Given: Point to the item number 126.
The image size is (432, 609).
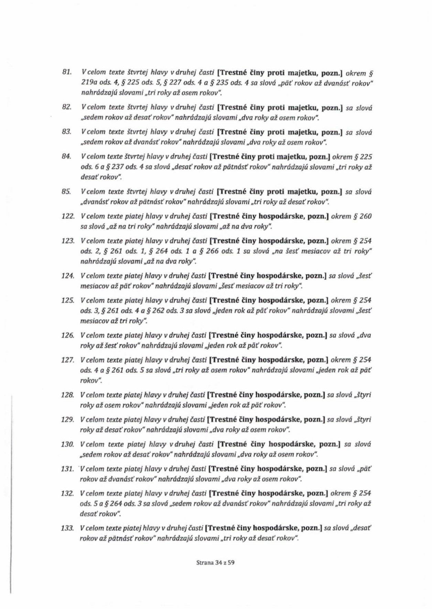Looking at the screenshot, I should coord(68,335).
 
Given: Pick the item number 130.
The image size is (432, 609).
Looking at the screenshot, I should coord(67,444).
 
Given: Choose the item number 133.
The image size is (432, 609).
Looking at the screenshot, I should coord(67,528).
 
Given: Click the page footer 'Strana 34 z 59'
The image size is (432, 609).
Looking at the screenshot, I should coord(215,563).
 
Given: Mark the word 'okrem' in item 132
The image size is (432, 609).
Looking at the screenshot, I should coord(340,493).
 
